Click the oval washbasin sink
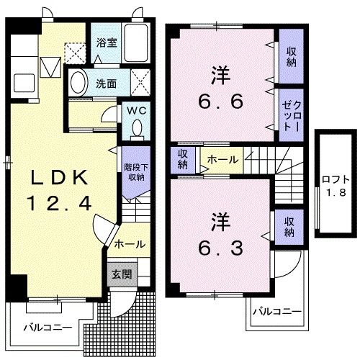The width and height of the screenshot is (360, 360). tap(78, 81)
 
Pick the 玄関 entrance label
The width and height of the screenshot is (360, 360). tap(120, 274)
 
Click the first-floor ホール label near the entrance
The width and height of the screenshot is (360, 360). tap(130, 243)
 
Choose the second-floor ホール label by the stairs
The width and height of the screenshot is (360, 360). tap(222, 158)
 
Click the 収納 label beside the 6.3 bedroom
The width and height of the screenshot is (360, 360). tap(289, 226)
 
